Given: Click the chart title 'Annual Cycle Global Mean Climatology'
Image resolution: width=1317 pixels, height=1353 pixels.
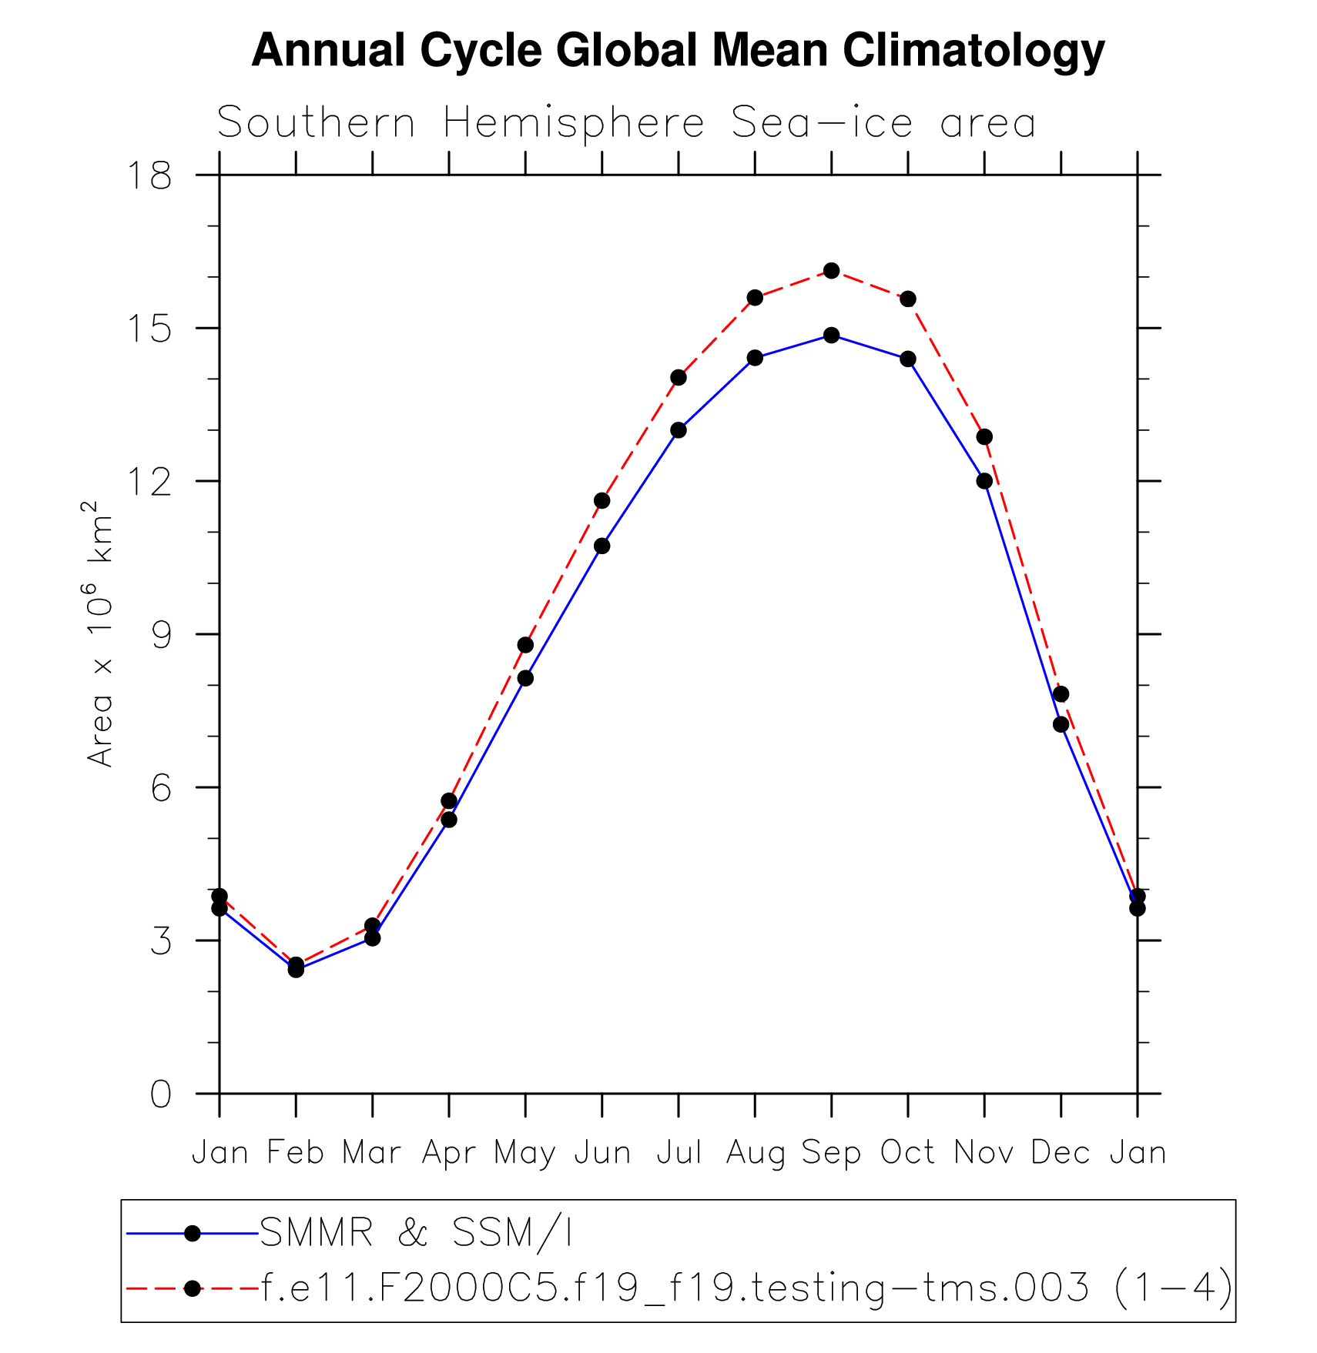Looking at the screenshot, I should click(678, 51).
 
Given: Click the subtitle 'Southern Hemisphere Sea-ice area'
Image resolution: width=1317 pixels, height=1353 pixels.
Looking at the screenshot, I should click(625, 123).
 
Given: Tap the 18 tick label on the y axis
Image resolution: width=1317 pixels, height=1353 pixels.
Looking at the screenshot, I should click(149, 175).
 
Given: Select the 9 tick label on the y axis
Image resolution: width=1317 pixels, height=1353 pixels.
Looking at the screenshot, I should click(161, 635).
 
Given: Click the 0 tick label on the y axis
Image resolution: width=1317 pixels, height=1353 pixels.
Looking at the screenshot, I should click(161, 1094).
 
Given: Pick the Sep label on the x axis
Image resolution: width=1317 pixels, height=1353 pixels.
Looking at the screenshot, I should click(831, 1153).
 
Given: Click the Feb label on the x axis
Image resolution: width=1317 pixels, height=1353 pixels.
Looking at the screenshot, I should click(295, 1153).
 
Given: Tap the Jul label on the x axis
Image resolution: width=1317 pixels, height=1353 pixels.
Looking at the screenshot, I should click(679, 1153).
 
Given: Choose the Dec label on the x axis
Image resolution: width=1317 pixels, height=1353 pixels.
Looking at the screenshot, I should click(1061, 1153).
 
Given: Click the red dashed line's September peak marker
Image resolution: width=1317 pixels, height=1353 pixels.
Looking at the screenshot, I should click(831, 271).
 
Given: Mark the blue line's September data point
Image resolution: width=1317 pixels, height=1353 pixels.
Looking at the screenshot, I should click(831, 336).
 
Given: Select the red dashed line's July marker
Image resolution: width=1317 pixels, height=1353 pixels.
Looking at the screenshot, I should click(679, 377).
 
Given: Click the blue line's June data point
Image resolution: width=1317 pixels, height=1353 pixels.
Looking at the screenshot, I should click(602, 546).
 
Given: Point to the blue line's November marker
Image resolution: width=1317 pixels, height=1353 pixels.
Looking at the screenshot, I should click(984, 481).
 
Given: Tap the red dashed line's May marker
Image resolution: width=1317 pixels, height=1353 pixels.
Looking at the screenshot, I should click(525, 645).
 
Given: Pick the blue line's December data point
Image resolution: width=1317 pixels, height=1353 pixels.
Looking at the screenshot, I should click(1061, 724).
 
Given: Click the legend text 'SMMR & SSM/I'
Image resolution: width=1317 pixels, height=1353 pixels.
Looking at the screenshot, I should click(416, 1233).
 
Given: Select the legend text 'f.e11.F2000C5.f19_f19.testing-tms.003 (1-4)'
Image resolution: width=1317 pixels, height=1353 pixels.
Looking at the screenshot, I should click(746, 1288).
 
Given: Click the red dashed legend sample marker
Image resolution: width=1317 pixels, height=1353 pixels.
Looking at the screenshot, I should click(193, 1288).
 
